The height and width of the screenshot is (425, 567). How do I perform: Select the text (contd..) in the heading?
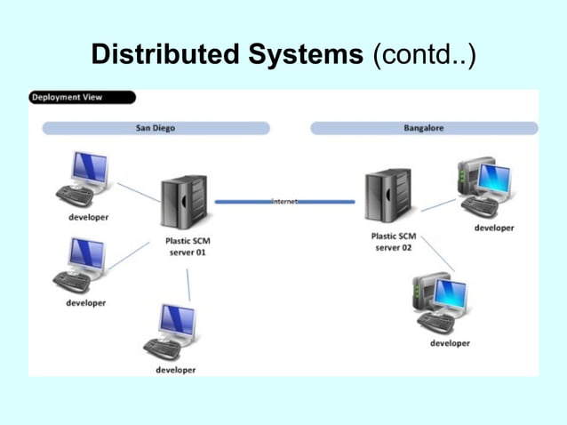tap(424, 55)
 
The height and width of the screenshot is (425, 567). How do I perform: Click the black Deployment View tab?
tap(82, 98)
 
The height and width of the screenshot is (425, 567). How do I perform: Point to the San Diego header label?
tap(156, 128)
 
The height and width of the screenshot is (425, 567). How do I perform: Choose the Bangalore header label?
tap(423, 128)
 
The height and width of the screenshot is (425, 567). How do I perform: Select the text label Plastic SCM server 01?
tap(188, 246)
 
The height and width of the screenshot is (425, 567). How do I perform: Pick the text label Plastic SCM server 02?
tap(393, 242)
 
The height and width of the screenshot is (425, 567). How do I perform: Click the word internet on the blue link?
tap(283, 202)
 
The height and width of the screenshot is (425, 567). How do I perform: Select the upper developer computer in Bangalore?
tap(485, 188)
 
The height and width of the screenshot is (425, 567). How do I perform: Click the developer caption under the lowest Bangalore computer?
tap(450, 343)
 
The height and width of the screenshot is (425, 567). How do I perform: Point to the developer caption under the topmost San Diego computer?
tap(89, 218)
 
